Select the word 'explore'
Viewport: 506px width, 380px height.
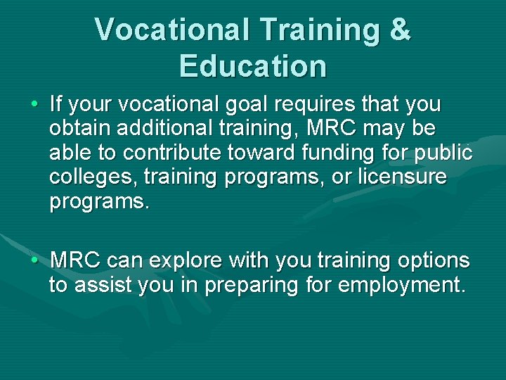click(188, 262)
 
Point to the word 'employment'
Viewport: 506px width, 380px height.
click(401, 286)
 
